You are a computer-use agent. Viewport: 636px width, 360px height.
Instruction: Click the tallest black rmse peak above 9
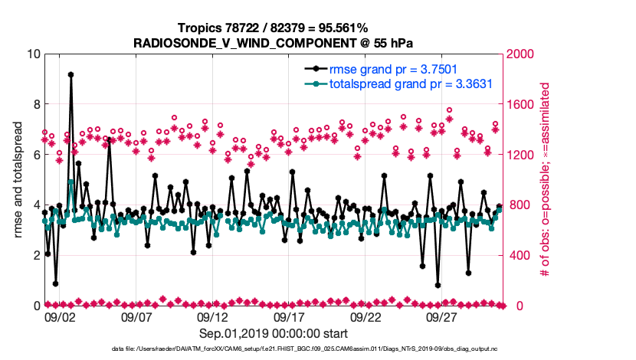pyautogui.click(x=70, y=75)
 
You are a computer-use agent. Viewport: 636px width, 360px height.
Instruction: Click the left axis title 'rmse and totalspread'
pyautogui.click(x=18, y=180)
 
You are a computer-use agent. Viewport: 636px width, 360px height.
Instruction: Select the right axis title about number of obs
pyautogui.click(x=545, y=180)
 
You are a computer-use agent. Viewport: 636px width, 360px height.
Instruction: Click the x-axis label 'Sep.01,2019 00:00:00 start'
pyautogui.click(x=272, y=333)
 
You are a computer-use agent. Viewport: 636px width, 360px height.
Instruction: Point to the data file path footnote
pyautogui.click(x=272, y=350)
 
